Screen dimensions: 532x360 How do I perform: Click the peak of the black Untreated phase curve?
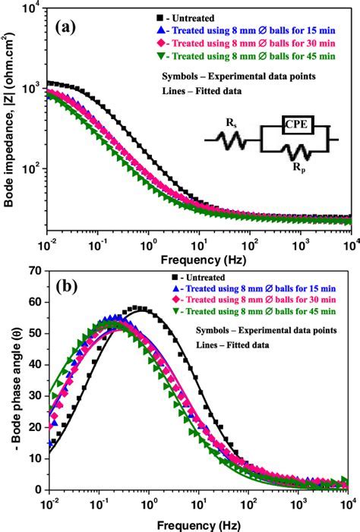click(x=137, y=308)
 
